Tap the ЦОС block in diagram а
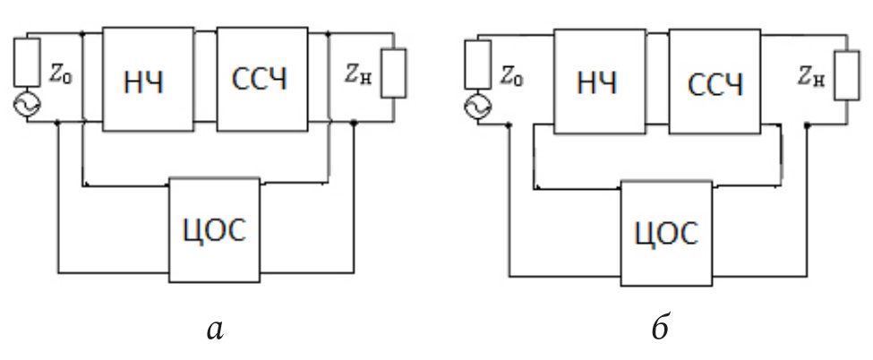(215, 229)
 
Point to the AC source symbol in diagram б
(475, 108)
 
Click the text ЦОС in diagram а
(215, 229)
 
